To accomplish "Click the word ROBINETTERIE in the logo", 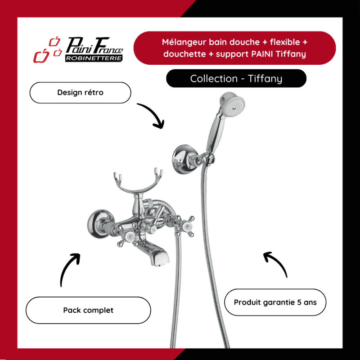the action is point(94,58).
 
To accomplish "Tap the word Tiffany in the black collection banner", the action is point(265,79).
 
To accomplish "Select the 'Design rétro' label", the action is point(81,93).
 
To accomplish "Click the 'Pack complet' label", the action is point(88,310).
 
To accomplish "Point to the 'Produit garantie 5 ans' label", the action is point(275,302).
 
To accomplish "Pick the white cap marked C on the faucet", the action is point(130,237).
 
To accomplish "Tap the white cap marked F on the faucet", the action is point(188,227).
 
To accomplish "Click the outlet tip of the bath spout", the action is point(159,265).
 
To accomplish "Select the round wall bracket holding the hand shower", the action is point(183,159).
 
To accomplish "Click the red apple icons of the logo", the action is point(48,49).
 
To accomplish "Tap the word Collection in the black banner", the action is point(214,79).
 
